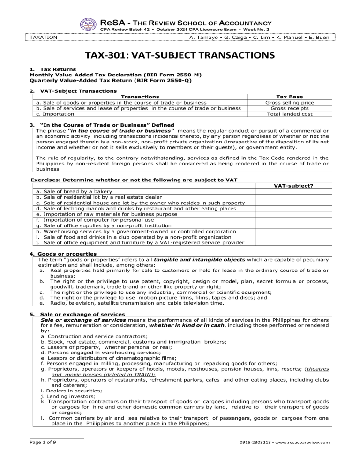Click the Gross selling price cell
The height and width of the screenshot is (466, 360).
coord(289,102)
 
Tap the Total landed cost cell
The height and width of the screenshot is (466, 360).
coord(289,113)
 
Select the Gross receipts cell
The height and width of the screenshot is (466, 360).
coord(289,108)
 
